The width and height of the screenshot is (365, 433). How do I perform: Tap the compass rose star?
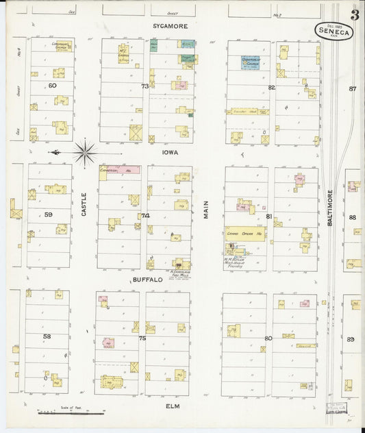pos(84,151)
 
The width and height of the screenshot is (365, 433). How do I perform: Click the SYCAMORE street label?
pos(169,25)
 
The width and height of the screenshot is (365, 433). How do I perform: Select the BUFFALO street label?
pos(147,280)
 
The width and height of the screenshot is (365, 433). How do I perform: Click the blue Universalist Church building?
pos(249,62)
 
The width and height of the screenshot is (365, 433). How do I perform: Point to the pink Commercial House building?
pos(121,169)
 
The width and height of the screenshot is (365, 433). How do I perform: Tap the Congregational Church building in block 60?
pos(62,47)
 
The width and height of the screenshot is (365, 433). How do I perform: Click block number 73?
pos(144,86)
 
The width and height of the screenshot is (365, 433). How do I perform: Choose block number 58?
pos(47,336)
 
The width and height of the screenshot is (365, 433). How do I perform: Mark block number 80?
pos(268,338)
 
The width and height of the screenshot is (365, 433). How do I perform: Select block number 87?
pos(352,89)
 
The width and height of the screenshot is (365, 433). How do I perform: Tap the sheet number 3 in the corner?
pos(355,15)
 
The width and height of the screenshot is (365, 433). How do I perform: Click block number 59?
pos(48,214)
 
